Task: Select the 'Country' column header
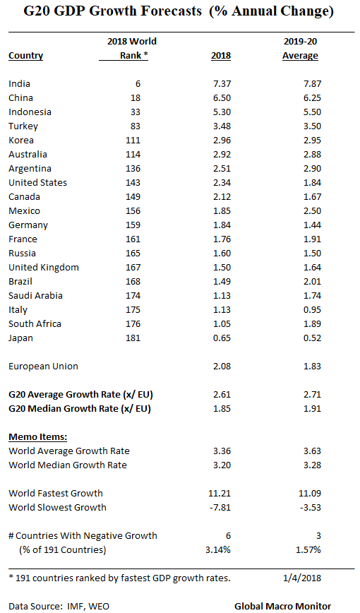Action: pos(25,56)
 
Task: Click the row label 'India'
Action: pos(19,84)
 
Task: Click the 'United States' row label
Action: pos(37,183)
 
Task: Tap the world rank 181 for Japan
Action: pos(132,338)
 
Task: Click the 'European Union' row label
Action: pos(43,367)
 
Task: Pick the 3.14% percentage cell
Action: pos(216,549)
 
